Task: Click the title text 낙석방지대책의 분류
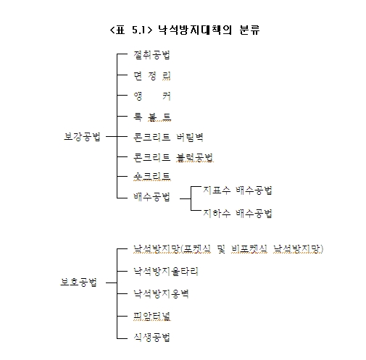209,30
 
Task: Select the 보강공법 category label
82,137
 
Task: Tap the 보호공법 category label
78,282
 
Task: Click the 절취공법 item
152,55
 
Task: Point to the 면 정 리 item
152,76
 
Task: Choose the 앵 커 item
152,96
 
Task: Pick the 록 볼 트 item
152,117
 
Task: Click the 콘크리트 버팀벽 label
168,137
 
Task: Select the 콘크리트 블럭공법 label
173,157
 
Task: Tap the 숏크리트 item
152,176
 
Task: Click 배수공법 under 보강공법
152,197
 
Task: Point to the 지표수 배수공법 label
238,191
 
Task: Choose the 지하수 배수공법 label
238,213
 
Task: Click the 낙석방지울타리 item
166,272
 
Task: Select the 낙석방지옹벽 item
161,293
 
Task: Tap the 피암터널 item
152,316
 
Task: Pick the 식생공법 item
152,337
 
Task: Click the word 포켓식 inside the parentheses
196,249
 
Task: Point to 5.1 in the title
138,30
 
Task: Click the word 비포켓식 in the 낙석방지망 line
249,249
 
